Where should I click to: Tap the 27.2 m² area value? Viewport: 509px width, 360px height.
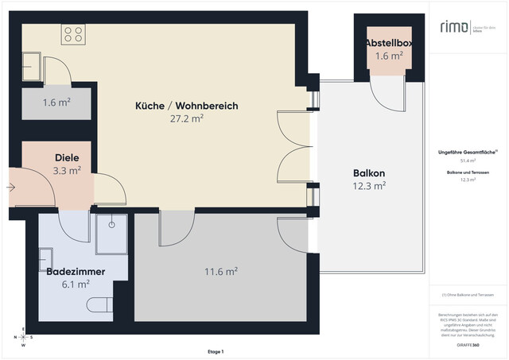(186, 118)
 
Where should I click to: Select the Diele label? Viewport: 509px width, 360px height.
(67, 157)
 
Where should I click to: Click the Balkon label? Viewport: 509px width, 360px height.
(369, 173)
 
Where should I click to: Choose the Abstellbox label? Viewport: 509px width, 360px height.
(389, 42)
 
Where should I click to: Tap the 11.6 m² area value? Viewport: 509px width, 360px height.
(221, 272)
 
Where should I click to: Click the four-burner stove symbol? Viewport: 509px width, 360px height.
(74, 33)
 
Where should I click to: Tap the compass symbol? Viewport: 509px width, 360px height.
(23, 338)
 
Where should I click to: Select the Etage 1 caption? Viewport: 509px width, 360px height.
(216, 351)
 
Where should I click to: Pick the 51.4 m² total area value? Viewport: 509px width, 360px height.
(468, 161)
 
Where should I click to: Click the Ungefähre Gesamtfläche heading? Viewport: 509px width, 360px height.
(468, 151)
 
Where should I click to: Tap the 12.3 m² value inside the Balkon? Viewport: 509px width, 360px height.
(369, 186)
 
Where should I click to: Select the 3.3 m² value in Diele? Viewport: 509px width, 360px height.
(67, 170)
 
